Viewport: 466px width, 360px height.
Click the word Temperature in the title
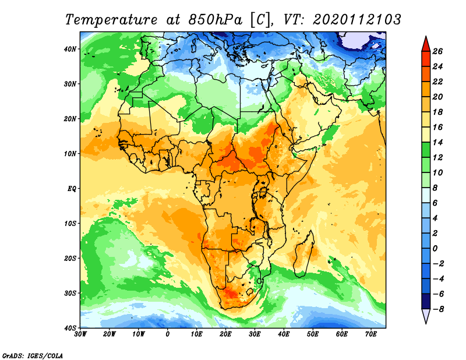tap(111, 20)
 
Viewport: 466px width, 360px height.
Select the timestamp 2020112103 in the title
tap(356, 20)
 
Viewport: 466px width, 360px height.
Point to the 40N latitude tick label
tap(70, 49)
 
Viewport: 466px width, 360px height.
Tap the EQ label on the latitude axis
tap(72, 189)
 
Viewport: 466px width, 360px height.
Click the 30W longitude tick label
tap(80, 334)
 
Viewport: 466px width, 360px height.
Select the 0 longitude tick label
tap(168, 334)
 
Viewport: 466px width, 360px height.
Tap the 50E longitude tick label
tap(313, 334)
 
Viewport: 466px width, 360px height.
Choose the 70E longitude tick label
tap(371, 334)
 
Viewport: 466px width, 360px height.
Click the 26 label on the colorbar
tap(437, 51)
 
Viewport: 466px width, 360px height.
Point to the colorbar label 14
tap(437, 142)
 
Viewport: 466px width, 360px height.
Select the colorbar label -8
tap(437, 309)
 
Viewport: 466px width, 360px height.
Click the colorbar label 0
tap(435, 249)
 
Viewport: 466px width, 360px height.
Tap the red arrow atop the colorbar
tap(426, 45)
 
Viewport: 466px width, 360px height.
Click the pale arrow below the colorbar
tap(426, 316)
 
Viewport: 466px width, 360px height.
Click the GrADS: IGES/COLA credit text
tap(33, 356)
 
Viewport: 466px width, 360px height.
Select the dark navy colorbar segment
tap(426, 301)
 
